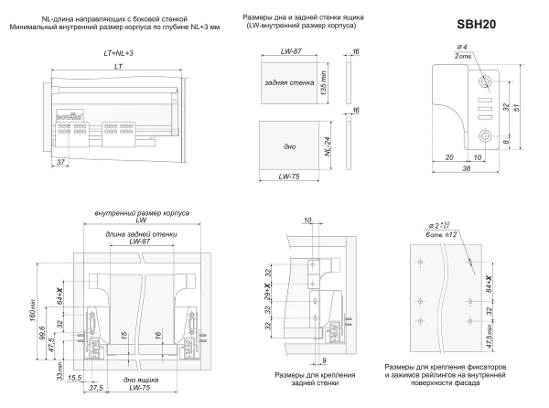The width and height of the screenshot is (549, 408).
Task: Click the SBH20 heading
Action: [478, 23]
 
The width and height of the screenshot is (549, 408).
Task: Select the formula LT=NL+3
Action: [120, 54]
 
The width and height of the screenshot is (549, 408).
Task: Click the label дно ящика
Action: [137, 379]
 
